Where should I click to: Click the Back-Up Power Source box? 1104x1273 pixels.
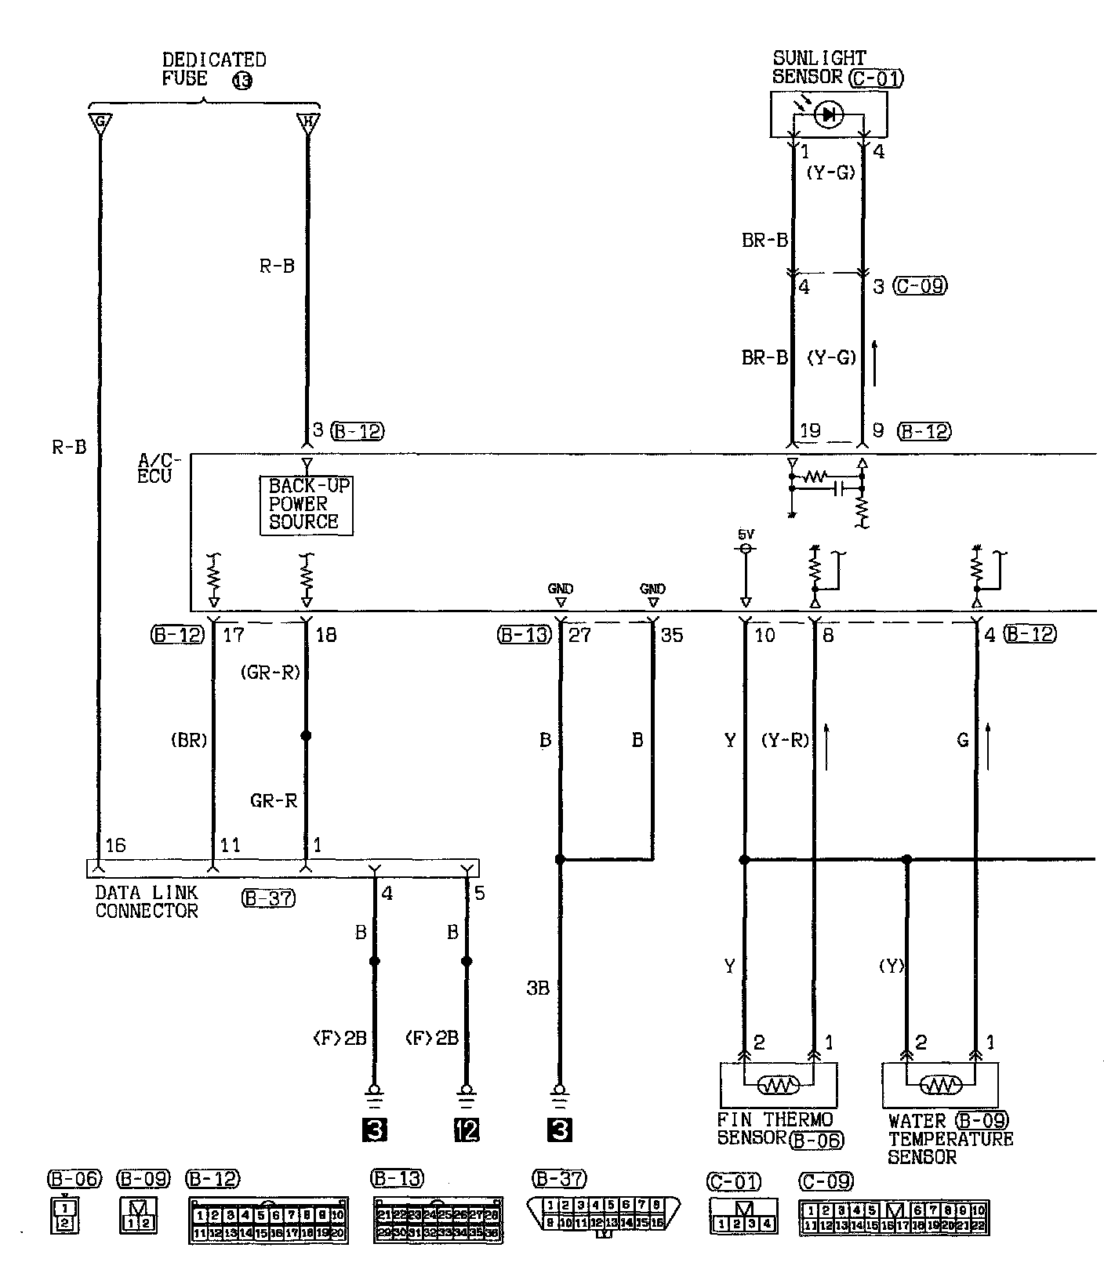[307, 505]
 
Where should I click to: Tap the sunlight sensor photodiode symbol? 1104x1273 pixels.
[828, 115]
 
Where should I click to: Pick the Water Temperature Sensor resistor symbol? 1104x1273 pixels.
[940, 1084]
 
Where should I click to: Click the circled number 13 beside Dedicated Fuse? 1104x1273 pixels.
[242, 80]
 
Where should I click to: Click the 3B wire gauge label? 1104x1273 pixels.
[538, 988]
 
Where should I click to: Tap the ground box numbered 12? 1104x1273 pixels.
[467, 1130]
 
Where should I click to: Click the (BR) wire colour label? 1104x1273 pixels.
[188, 740]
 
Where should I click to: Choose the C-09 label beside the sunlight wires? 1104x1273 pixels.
[921, 286]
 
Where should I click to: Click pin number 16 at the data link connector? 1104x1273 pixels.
[115, 845]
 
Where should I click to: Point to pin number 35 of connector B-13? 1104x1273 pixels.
[672, 635]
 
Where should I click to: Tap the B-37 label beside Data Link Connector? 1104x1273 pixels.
[268, 898]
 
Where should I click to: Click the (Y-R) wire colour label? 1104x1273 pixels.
[785, 740]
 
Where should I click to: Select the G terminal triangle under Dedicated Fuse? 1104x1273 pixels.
[100, 123]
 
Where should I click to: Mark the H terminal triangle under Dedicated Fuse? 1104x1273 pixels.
[307, 123]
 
